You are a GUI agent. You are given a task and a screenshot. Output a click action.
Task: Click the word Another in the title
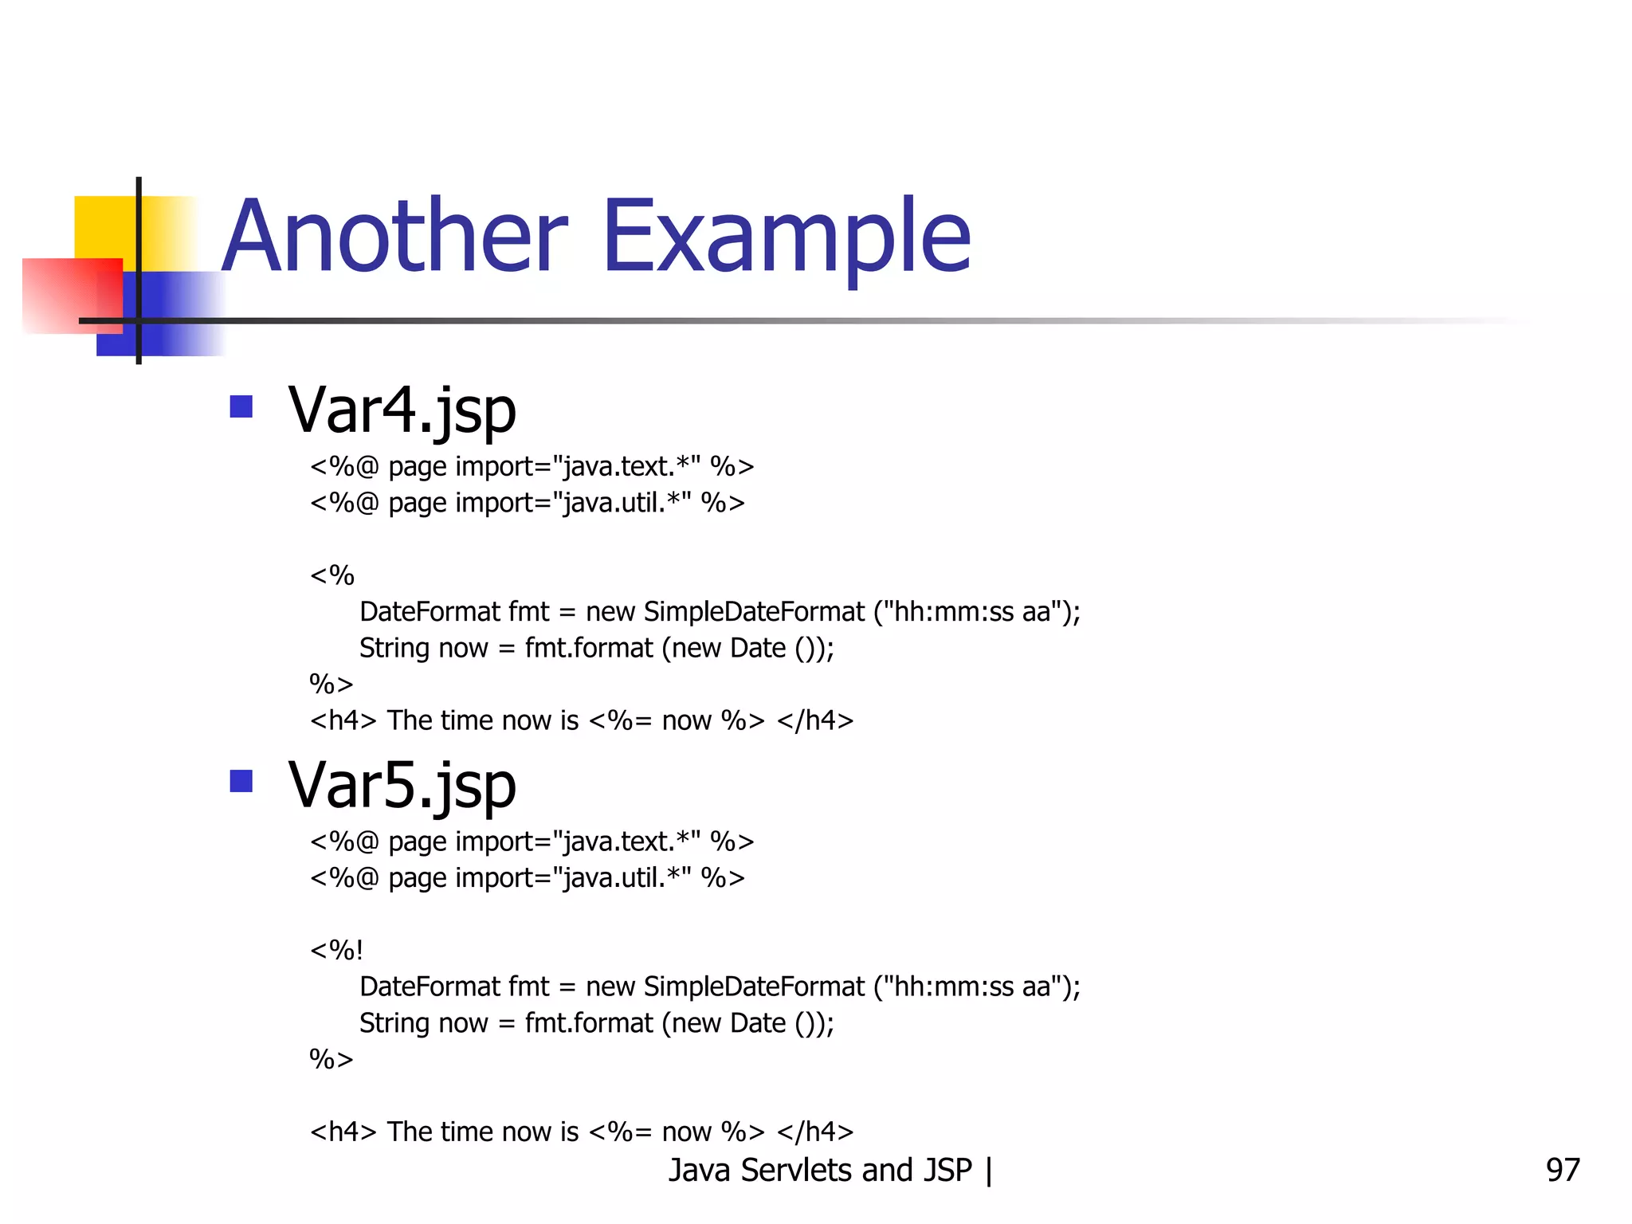tap(394, 237)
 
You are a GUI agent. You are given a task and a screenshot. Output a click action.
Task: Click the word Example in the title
tap(787, 237)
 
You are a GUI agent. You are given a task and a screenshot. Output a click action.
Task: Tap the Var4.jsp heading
tap(402, 410)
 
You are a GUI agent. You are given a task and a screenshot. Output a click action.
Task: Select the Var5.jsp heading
tap(402, 786)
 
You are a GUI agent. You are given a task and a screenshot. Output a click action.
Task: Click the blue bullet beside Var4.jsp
tap(241, 407)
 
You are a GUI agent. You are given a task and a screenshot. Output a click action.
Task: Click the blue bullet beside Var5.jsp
tap(241, 781)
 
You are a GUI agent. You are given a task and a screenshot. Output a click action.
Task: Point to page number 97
tap(1562, 1170)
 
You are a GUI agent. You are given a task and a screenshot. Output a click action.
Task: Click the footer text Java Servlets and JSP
tap(820, 1170)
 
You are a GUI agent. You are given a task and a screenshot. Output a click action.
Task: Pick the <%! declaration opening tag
tap(336, 950)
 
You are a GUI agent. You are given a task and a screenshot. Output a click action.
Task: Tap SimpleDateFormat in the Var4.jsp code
tap(753, 612)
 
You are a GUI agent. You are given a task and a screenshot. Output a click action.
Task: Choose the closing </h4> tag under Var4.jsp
tap(815, 720)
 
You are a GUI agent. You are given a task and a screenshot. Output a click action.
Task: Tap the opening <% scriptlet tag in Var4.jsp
tap(331, 575)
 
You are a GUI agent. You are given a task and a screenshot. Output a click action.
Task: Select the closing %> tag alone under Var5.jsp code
tap(331, 1060)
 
